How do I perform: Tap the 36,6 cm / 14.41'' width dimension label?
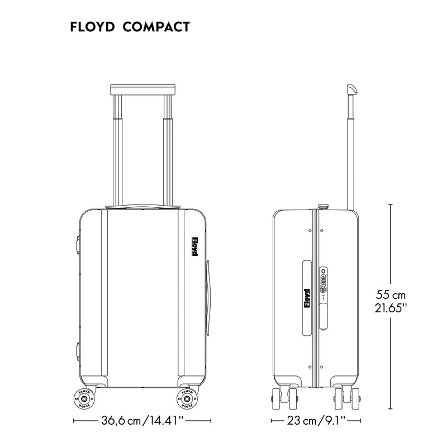tap(142, 420)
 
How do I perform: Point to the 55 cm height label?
tap(391, 294)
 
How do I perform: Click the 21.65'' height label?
tap(391, 308)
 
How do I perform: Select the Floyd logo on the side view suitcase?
tap(306, 298)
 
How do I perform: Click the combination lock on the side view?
tap(322, 280)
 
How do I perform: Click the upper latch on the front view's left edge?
tap(77, 243)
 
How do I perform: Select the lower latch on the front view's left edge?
tap(77, 351)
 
